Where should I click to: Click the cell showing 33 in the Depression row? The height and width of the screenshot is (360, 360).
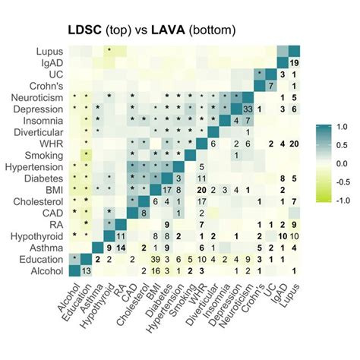pos(248,109)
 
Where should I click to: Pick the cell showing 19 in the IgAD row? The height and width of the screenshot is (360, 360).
pos(294,62)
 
